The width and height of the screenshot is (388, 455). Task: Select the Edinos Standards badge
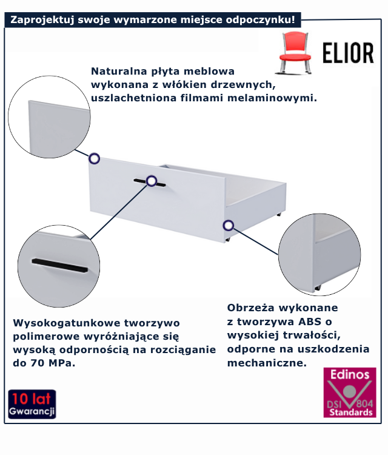349,392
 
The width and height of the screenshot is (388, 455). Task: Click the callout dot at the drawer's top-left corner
95,159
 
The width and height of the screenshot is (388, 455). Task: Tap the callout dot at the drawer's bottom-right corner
228,225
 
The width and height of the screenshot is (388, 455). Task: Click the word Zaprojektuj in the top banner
38,19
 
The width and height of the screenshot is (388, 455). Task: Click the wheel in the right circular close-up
316,287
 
